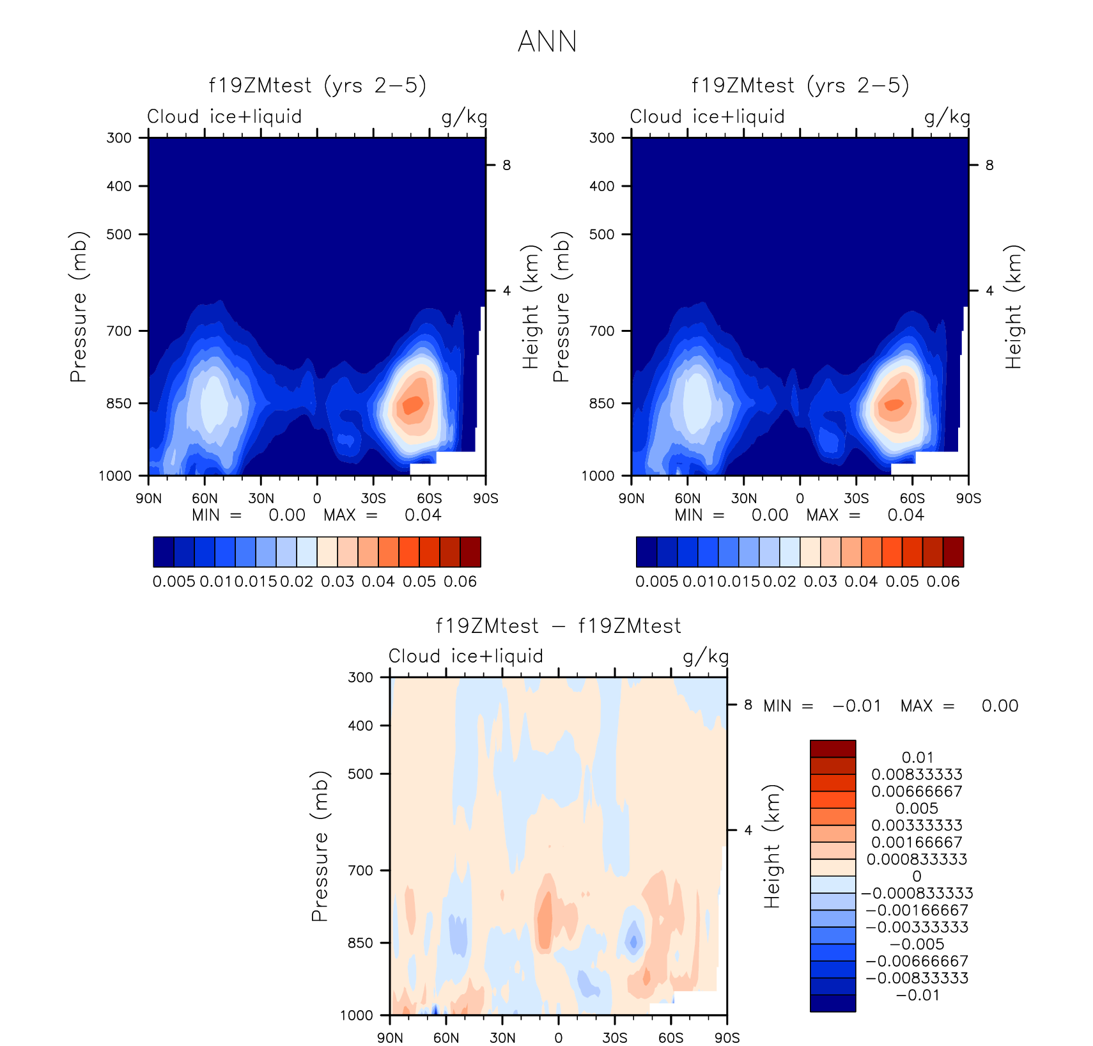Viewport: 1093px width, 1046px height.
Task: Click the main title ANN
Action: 547,42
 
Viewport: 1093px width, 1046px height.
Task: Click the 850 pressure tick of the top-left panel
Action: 119,403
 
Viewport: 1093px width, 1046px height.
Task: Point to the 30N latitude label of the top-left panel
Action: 261,499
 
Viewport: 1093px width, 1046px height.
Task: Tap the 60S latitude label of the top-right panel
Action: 912,499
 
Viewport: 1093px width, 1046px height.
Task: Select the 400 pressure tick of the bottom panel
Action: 360,726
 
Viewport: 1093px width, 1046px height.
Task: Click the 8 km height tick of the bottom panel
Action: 747,705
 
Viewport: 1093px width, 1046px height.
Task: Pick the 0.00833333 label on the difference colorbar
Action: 917,774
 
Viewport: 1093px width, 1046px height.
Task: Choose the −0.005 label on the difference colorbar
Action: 917,944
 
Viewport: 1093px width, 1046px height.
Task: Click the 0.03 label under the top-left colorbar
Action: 337,582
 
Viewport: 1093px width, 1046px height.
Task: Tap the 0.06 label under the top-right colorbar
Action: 943,582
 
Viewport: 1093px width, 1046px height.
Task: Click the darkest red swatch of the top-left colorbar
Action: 470,552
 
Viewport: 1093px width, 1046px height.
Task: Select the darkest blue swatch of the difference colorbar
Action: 833,1003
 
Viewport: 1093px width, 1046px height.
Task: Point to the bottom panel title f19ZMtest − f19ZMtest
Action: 558,626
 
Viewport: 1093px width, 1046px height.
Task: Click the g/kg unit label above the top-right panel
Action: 947,117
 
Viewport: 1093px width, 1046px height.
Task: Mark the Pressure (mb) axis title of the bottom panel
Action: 319,847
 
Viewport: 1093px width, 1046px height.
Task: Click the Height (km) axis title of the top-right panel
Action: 1013,307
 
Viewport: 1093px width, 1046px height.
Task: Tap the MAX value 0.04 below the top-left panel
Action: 422,515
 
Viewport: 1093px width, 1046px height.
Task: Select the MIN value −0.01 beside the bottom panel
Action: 857,706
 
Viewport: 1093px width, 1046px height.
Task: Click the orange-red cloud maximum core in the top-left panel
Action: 410,405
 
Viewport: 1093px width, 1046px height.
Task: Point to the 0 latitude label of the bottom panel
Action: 558,1038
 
